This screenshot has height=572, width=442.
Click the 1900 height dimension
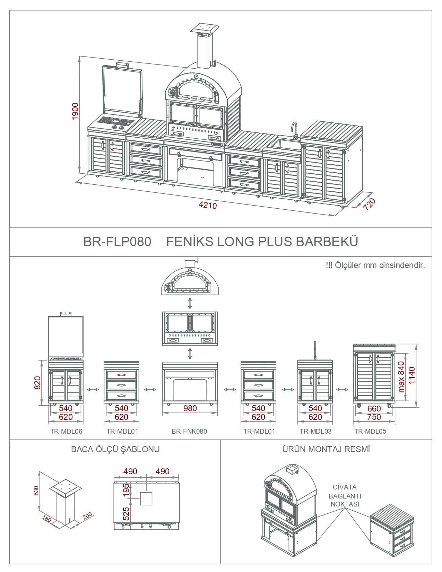tap(75, 111)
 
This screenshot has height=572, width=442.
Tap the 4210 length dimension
tap(208, 205)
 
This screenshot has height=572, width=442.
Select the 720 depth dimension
tap(369, 204)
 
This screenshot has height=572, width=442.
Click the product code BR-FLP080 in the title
tap(117, 242)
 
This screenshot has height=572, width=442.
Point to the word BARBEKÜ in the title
tap(327, 241)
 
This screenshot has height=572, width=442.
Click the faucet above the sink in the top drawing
tap(294, 130)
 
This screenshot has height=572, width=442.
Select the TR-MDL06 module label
tap(66, 432)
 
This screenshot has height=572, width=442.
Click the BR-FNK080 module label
tap(189, 432)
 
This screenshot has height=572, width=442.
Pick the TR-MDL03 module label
tap(315, 432)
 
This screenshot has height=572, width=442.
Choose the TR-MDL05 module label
tap(370, 432)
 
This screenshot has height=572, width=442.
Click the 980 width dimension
tap(190, 408)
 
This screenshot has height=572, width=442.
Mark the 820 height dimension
tap(37, 383)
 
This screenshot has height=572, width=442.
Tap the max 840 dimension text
tap(401, 377)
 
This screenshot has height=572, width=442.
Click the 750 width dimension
tap(374, 417)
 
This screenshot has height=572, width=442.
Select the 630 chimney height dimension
tap(36, 491)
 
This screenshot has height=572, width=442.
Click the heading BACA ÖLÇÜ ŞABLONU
tap(115, 449)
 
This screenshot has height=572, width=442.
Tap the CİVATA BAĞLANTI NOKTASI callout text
tap(345, 496)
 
